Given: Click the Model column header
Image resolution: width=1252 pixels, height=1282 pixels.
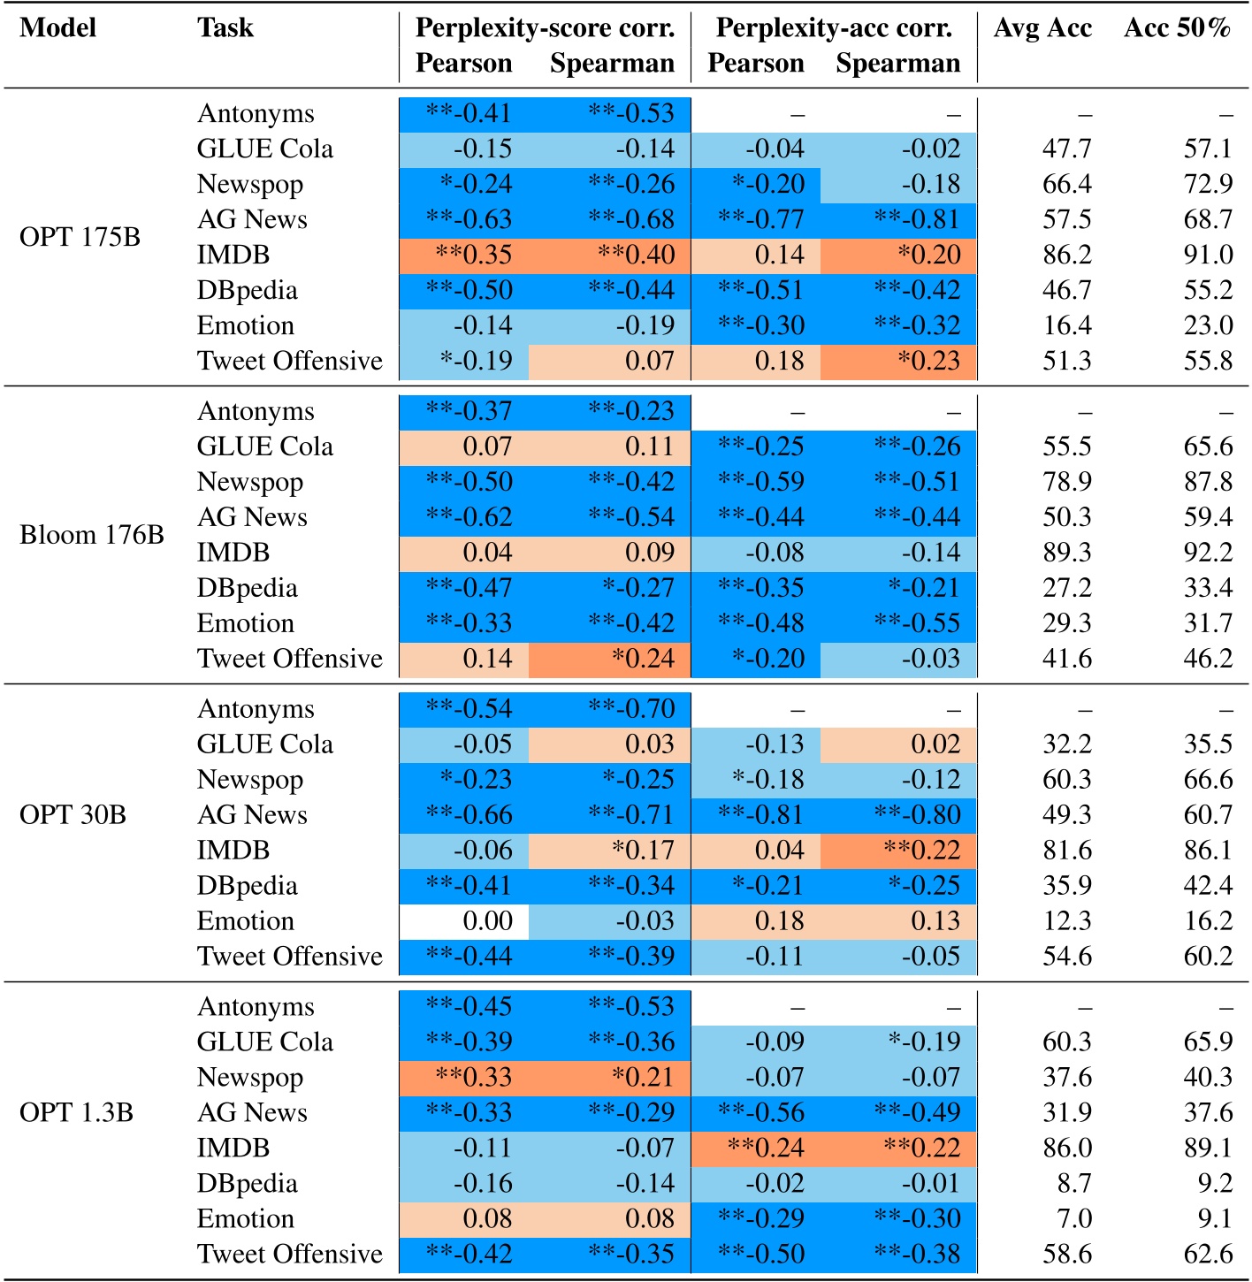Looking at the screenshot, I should click(58, 28).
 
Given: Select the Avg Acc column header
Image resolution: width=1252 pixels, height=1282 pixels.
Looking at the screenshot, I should click(1042, 28).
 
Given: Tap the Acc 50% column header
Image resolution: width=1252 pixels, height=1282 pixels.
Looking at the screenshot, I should click(1177, 28).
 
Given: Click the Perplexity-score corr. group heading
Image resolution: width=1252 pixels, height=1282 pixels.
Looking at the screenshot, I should click(545, 28).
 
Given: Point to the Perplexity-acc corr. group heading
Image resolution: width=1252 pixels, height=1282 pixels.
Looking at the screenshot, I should click(834, 28).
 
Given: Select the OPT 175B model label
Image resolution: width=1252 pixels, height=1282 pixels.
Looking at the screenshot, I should click(80, 237).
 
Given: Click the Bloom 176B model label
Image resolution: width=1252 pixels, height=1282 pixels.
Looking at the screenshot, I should click(92, 535).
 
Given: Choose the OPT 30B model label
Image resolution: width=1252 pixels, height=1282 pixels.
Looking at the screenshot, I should click(73, 814).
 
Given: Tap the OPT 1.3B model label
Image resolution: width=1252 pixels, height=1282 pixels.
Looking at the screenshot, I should click(76, 1112).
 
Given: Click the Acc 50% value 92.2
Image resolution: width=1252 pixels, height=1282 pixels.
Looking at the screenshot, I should click(1208, 553).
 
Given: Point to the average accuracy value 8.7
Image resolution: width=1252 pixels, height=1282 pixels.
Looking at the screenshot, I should click(1073, 1183).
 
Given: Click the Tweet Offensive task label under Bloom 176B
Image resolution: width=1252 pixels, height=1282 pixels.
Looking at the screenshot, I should click(289, 659).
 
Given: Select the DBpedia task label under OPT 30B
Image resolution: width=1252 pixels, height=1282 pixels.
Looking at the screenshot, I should click(247, 885).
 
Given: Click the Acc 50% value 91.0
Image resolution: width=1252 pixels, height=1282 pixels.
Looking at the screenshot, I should click(1208, 255).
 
